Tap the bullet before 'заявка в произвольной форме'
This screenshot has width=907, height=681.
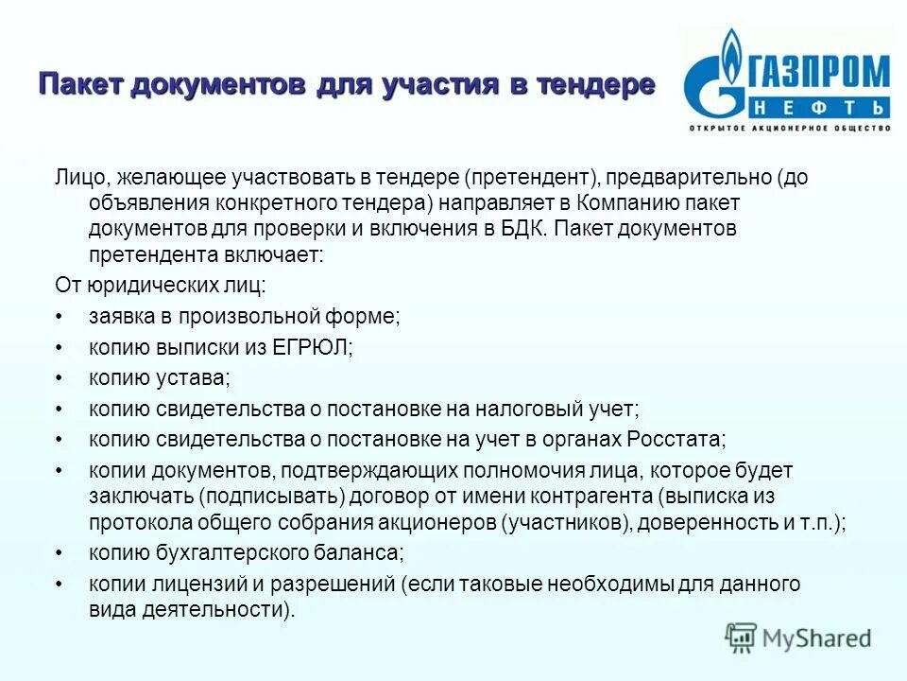point(60,317)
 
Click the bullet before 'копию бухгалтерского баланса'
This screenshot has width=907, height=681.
point(60,552)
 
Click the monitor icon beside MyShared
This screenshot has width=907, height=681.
point(742,637)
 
